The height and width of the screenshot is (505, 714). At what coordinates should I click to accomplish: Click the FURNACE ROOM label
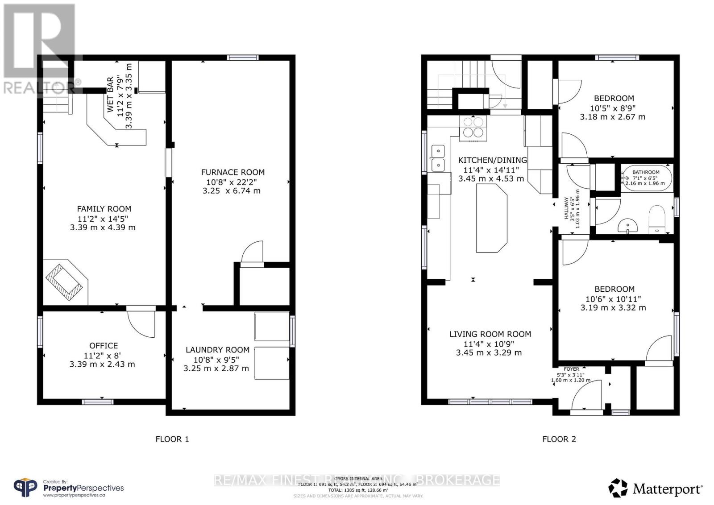tap(232, 172)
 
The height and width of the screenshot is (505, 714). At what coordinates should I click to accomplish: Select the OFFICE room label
tap(104, 346)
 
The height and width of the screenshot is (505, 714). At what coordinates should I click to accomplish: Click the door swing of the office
tap(142, 323)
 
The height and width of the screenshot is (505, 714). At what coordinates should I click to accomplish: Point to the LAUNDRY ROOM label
tap(217, 350)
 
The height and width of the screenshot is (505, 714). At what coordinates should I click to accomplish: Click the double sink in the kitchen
tap(437, 158)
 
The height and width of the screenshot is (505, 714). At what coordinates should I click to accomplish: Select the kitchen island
tap(491, 219)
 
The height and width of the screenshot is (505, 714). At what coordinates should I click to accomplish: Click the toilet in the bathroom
tap(656, 219)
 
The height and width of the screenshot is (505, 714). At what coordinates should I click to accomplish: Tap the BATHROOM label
tap(645, 172)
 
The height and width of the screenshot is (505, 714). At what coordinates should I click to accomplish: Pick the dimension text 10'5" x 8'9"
tap(613, 108)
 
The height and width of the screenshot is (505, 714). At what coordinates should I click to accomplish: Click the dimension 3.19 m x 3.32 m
tap(613, 308)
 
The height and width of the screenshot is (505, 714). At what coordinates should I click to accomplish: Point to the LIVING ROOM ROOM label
tap(490, 334)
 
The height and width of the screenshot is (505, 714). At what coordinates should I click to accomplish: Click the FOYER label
tap(571, 369)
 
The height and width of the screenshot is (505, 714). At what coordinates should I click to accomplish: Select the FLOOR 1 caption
tap(172, 439)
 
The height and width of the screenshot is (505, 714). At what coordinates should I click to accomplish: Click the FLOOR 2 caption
tap(559, 439)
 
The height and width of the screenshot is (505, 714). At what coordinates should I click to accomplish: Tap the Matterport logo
tap(656, 488)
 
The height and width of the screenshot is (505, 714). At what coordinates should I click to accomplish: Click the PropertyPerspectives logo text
tap(83, 488)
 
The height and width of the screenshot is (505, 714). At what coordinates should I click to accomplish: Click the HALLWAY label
tap(567, 208)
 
